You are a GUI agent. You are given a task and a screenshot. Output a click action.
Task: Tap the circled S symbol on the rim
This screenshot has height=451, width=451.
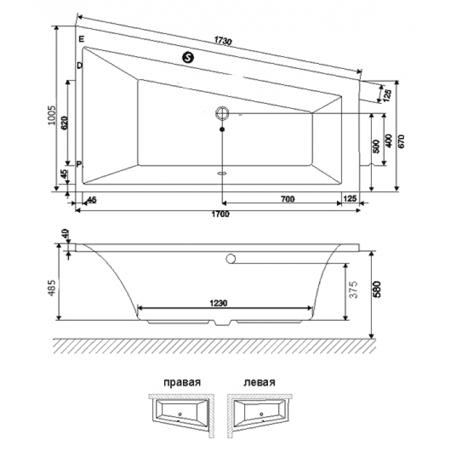(189, 57)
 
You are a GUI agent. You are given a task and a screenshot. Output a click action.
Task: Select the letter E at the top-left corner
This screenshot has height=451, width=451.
(81, 40)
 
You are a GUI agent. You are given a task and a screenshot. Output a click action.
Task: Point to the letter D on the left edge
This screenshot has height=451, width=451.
(79, 66)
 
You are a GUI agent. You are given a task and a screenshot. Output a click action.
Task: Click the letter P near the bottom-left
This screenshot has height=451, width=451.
(79, 164)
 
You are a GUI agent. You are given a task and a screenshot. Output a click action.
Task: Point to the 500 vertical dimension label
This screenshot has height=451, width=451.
(376, 146)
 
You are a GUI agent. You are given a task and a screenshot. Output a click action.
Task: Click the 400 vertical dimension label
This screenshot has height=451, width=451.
(388, 140)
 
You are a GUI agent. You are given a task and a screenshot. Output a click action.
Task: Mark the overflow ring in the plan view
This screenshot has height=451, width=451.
(222, 114)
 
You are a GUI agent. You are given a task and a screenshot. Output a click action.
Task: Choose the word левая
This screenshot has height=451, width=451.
(260, 381)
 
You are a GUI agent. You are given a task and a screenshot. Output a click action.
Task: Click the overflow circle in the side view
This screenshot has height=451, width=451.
(229, 260)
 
